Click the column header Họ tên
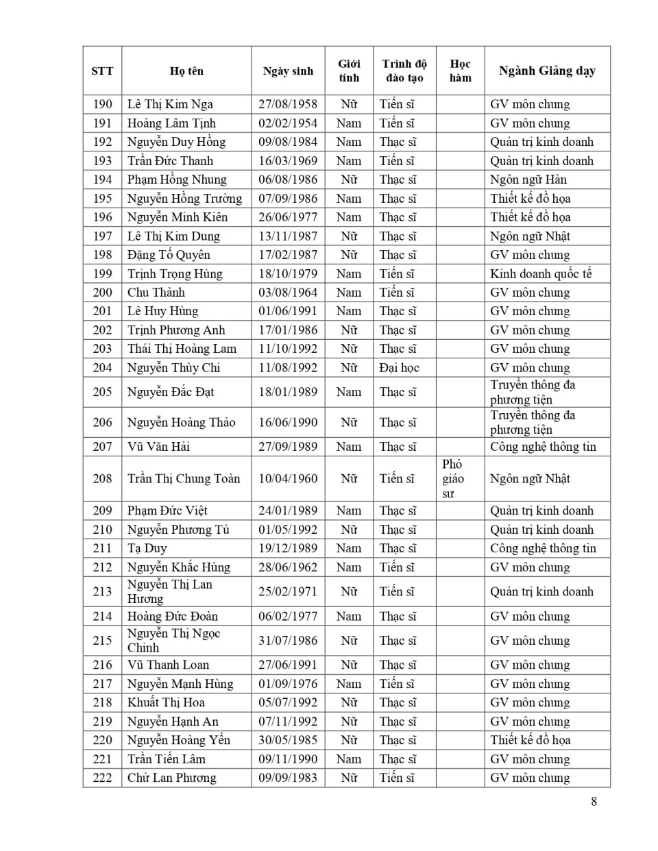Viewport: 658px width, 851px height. (x=186, y=71)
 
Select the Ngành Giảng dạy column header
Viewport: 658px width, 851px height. (x=547, y=71)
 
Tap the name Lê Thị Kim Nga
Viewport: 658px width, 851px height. (x=170, y=104)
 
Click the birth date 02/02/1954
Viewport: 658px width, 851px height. (x=288, y=123)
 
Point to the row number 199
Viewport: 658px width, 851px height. (x=102, y=274)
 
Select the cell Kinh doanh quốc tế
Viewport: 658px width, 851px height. (x=541, y=274)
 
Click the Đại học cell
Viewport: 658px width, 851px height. (x=399, y=368)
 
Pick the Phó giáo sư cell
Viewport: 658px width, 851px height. (x=453, y=478)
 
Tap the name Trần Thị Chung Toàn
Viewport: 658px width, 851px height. (x=184, y=478)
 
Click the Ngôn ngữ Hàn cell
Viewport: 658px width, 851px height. (x=528, y=180)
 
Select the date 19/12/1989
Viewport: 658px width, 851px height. (x=288, y=548)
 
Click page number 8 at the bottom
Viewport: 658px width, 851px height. (x=594, y=801)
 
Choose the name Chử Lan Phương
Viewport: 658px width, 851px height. (x=171, y=778)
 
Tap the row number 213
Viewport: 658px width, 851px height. (x=102, y=591)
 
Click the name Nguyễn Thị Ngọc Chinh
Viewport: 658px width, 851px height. (x=173, y=641)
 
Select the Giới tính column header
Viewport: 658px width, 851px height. (x=349, y=71)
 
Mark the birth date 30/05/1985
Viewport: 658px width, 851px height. (x=288, y=740)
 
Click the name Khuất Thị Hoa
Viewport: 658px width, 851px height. (x=166, y=702)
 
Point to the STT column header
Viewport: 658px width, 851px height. (x=102, y=71)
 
